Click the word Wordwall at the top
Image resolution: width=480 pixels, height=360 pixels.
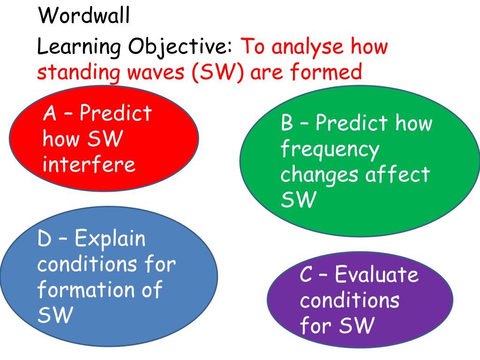(84, 16)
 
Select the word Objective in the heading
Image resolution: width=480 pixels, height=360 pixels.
(180, 47)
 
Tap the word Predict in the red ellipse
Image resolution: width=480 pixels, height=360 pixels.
(116, 113)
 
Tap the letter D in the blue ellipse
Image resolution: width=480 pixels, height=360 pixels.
(45, 240)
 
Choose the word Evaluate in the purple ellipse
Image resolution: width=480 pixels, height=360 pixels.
(377, 275)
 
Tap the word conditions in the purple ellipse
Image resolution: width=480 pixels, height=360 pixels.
(349, 300)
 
